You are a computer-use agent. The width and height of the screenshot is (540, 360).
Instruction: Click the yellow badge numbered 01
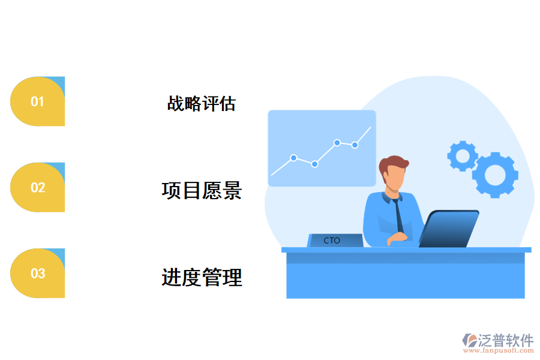click(x=37, y=101)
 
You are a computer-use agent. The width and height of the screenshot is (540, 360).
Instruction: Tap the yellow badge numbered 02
click(x=37, y=187)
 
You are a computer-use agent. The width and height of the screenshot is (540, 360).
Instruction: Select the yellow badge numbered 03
click(x=37, y=274)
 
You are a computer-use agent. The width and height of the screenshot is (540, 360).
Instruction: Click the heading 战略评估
click(x=201, y=104)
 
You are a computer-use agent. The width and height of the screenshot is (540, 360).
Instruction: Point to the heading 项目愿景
click(x=202, y=190)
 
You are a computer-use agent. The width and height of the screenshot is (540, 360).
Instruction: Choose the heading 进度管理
click(x=202, y=277)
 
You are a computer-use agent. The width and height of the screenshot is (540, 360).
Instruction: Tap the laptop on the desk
click(x=449, y=229)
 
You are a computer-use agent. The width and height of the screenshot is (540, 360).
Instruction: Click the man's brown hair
click(x=394, y=164)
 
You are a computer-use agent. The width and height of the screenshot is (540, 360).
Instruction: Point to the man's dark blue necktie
click(x=398, y=215)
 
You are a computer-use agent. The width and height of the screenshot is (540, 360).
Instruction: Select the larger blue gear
click(x=495, y=175)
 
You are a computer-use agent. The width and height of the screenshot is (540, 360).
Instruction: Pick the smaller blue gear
click(x=462, y=156)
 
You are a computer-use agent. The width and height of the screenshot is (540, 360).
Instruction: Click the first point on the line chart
click(x=293, y=158)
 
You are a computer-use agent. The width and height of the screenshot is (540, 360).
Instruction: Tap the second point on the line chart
click(x=314, y=164)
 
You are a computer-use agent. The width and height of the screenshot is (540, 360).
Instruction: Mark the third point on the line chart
click(x=337, y=143)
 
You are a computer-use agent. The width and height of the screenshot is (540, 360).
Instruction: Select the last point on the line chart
click(x=355, y=145)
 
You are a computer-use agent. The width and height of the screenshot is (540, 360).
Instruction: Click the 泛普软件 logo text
click(x=505, y=341)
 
